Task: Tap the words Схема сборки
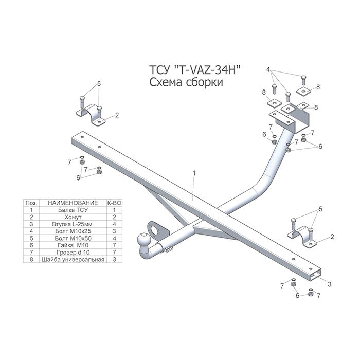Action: tap(186, 83)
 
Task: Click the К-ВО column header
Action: tap(114, 203)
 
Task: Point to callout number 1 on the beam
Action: tap(194, 174)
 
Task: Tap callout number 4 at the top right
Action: tap(268, 69)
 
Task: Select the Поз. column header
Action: tap(31, 203)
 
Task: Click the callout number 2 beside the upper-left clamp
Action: tap(117, 115)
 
